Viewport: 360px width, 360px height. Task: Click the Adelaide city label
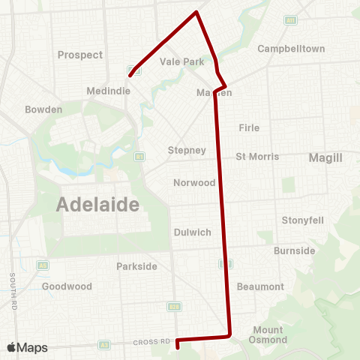99,204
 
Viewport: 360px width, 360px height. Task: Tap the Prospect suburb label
80,55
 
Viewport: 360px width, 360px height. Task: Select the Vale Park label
182,62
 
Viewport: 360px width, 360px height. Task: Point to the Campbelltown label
291,49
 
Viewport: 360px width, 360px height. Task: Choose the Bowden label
43,109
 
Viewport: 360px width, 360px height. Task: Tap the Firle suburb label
249,128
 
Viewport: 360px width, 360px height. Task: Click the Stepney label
187,150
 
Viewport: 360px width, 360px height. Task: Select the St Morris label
257,157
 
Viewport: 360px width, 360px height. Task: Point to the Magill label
325,157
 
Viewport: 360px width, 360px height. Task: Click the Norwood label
194,182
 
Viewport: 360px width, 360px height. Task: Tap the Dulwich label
192,232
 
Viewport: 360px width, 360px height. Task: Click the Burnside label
294,250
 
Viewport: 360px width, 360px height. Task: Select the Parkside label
137,266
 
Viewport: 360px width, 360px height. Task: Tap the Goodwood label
67,286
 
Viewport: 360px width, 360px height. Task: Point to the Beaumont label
260,286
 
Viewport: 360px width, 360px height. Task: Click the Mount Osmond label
268,335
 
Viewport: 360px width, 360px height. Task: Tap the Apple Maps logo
27,347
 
